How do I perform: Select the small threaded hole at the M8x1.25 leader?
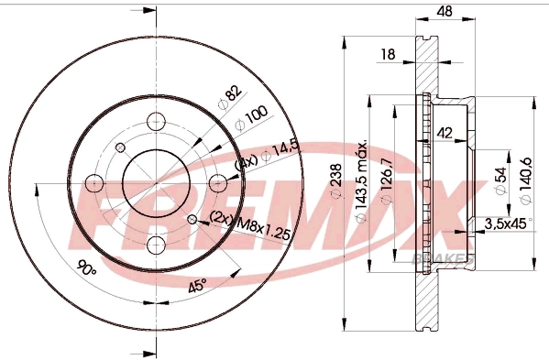tap(192, 219)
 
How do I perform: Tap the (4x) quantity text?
tap(245, 161)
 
